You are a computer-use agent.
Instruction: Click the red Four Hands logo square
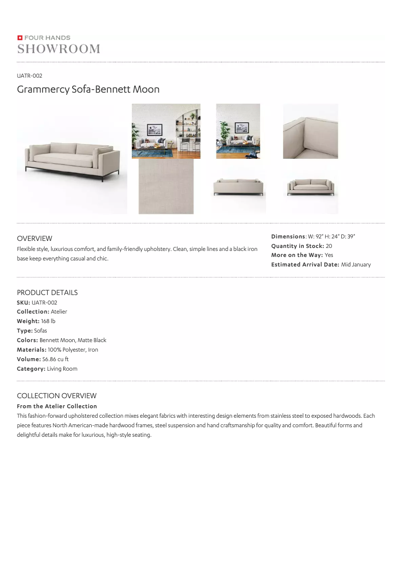coord(20,38)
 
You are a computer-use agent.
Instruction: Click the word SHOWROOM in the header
coord(59,49)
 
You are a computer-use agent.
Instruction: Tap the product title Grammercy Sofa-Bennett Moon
coord(88,90)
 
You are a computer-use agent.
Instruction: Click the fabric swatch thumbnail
coord(166,186)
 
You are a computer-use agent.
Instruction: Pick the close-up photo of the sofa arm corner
coord(310,131)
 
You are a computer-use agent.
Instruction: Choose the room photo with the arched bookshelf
coord(166,131)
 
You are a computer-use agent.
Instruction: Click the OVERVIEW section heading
coord(35,238)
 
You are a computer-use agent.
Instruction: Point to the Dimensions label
coord(288,236)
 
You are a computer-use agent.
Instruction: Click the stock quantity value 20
coord(329,246)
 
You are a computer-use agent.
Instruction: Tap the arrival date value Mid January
coord(356,264)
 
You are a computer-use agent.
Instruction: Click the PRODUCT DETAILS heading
coord(47,293)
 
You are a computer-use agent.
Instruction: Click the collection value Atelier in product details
coord(59,312)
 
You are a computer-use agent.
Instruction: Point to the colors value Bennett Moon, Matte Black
coord(73,340)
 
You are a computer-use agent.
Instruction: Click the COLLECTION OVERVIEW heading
coord(57,396)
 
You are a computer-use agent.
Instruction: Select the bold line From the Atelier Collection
coord(57,406)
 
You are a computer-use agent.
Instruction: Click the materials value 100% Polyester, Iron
coord(73,350)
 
